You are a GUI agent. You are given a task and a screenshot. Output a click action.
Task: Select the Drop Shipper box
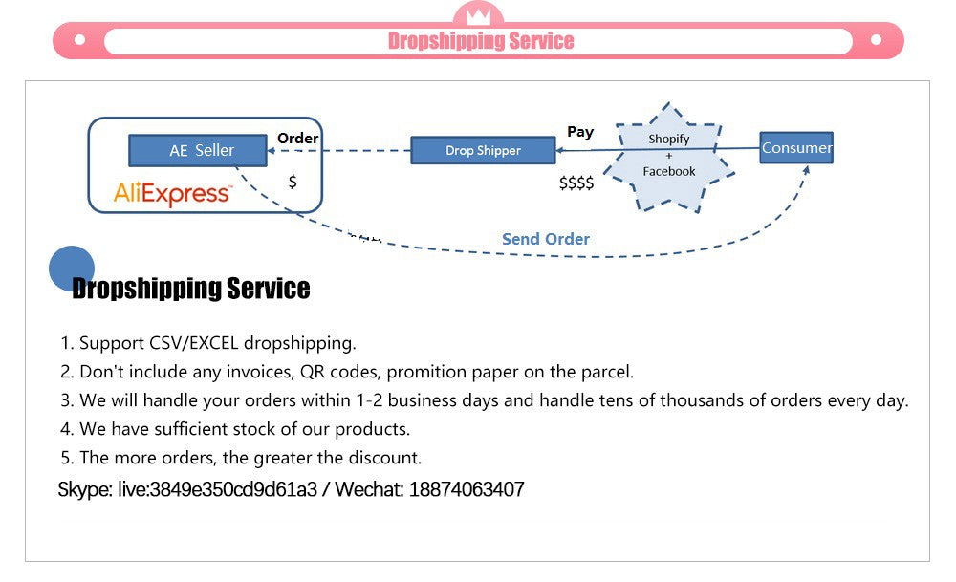pos(483,150)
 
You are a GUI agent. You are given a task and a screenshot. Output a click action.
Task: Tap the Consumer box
pos(796,148)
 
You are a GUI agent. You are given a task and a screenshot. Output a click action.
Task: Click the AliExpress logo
pos(172,193)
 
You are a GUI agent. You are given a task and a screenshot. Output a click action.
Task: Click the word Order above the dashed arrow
pos(297,139)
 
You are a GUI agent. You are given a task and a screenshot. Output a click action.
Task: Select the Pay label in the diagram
pos(580,132)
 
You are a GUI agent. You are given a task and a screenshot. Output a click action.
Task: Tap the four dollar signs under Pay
pos(576,183)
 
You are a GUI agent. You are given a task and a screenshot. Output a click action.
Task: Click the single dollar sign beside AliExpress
pos(293,181)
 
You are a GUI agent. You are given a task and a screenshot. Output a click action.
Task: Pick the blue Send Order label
pos(546,239)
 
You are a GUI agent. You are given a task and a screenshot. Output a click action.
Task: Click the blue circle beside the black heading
pos(72,268)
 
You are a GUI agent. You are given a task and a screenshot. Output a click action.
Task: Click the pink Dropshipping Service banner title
pos(481,40)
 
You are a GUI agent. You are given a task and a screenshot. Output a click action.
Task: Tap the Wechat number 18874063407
pos(467,490)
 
